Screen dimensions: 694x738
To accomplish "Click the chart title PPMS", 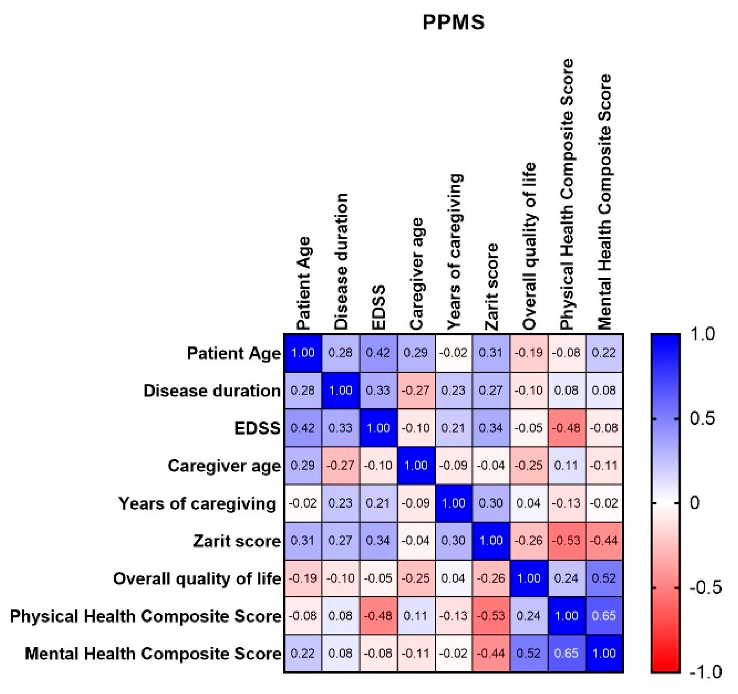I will coord(453,22).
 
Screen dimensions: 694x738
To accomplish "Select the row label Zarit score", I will coord(237,541).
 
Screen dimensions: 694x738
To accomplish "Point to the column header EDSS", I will coord(379,308).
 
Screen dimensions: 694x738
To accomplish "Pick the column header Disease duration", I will coord(341,262).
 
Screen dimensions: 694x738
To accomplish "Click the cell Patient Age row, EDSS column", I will coord(378,353).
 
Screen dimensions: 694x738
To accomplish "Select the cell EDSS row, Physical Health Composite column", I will coord(567,428).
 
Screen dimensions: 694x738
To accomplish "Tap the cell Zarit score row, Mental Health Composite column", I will coord(604,541).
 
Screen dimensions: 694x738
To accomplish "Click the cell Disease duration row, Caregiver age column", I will coord(416,391).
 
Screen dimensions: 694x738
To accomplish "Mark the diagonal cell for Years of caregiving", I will coord(454,503).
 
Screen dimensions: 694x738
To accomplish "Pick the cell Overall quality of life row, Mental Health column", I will coord(604,578).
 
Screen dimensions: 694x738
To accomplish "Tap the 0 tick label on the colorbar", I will coord(695,503).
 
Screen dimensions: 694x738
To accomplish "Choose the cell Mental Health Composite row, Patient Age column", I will coord(303,654).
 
